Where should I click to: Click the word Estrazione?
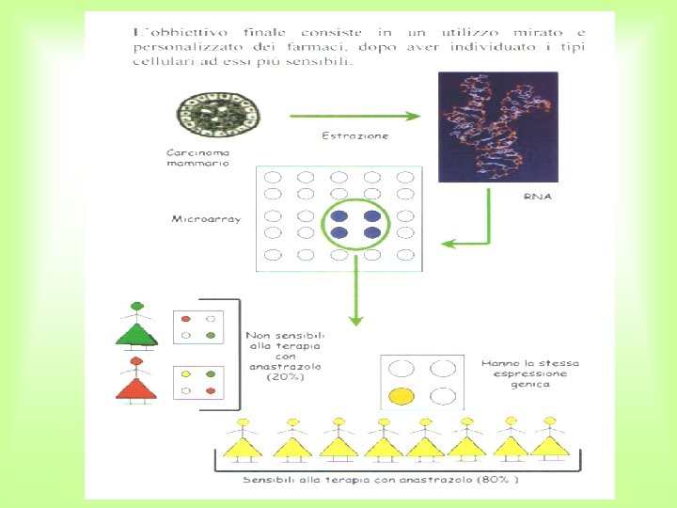(354, 135)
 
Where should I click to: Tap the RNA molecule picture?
(497, 127)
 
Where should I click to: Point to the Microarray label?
(206, 219)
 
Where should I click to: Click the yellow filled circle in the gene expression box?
(401, 396)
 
